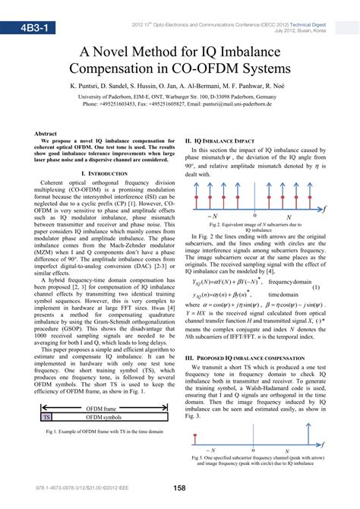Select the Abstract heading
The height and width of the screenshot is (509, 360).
(47, 134)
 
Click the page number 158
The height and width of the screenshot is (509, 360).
(180, 488)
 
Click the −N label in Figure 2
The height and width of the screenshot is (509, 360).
(212, 217)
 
